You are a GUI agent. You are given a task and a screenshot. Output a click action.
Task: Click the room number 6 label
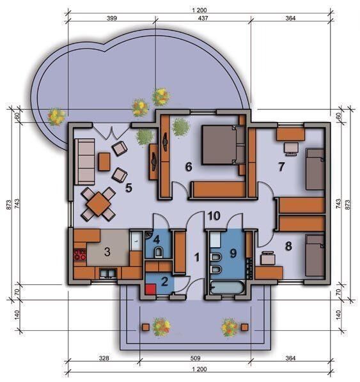189,167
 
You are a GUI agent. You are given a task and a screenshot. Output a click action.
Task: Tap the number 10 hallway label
214,216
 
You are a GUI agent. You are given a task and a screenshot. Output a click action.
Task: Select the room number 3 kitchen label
107,252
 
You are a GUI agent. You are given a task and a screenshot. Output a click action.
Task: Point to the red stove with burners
80,255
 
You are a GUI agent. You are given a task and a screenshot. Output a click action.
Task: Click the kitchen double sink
108,273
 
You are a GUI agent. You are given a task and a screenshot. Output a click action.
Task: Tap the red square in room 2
150,289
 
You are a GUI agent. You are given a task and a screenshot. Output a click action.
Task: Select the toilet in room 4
159,252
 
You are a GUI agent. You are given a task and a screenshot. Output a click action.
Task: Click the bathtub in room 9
228,288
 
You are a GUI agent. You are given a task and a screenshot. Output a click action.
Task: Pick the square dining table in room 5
98,204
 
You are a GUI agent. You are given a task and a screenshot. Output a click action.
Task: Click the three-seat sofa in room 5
84,162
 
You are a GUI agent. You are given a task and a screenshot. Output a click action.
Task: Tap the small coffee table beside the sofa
104,162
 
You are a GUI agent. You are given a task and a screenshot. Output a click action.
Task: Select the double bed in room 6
223,145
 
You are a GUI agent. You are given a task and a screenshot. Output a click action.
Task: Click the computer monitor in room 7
291,149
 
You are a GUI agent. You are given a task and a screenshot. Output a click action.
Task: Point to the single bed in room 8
315,255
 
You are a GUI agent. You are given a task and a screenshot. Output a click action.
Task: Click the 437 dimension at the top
203,18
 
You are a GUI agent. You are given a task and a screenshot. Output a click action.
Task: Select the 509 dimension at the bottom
195,358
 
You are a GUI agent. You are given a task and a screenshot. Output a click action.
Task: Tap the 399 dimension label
112,18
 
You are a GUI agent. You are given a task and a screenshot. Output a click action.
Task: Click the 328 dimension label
104,358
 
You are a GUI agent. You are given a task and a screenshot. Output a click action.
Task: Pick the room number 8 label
288,247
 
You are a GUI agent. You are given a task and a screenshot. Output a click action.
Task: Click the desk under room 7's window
291,134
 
